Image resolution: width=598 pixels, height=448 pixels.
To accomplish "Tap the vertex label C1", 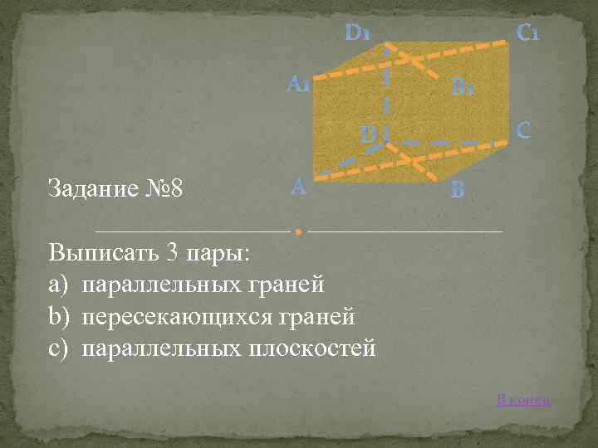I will [x=529, y=34].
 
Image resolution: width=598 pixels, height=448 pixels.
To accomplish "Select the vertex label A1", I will [x=299, y=85].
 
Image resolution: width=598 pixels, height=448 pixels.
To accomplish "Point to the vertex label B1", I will [x=463, y=86].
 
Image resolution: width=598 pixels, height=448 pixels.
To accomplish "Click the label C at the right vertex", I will [x=523, y=130].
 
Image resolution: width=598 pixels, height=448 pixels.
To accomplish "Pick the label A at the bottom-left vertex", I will [x=299, y=187].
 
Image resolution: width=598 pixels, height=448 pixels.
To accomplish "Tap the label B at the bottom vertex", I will [x=458, y=190].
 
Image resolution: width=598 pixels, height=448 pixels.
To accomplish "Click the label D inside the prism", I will [x=369, y=134].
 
